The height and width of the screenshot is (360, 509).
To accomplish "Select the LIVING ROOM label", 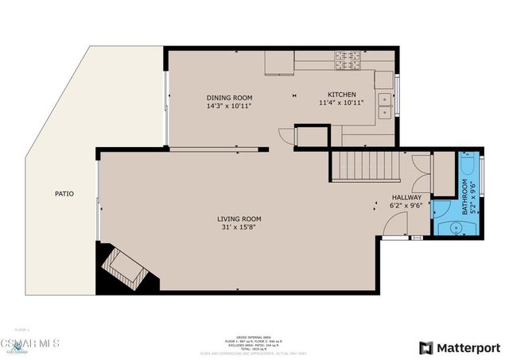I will [x=239, y=219].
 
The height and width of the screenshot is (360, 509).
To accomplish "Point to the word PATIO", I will [x=64, y=193].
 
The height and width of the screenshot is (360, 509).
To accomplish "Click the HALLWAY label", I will [x=406, y=197].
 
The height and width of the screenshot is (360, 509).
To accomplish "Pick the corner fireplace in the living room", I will [x=122, y=269].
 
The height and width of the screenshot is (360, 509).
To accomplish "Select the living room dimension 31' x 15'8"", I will [x=239, y=228].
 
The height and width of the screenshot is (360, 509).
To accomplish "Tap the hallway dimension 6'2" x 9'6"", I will [x=406, y=206].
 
